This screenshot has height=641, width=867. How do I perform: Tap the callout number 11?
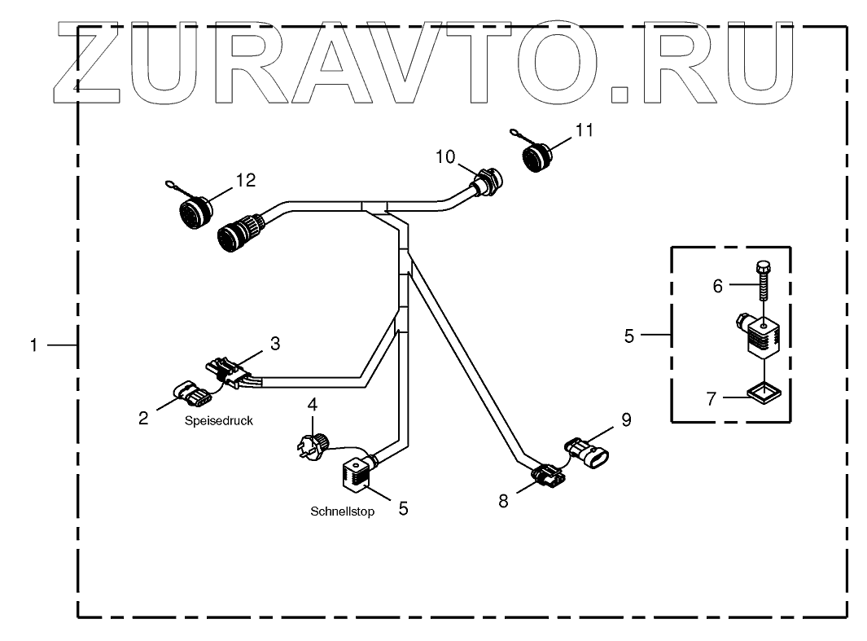coord(585,130)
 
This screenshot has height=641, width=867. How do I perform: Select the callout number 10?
coord(447,156)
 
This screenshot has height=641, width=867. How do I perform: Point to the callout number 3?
coord(275,344)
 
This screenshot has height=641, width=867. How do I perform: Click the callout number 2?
coord(143,418)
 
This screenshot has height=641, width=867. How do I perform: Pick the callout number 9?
coord(625,420)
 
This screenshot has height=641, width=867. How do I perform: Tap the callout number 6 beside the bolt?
coord(717,285)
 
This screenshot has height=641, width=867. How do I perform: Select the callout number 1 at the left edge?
coord(34,345)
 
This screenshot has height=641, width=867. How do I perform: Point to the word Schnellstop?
coord(342,512)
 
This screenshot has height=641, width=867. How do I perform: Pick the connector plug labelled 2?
coord(189,394)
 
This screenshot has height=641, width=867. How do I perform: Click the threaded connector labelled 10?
coord(487,184)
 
